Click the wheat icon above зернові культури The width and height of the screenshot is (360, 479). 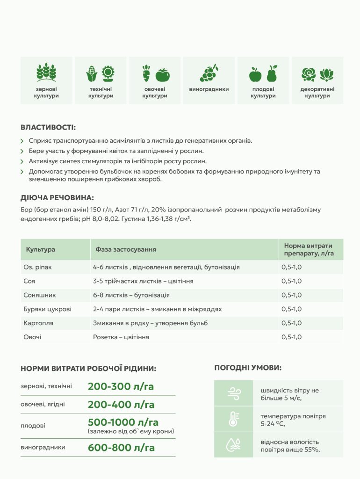46,73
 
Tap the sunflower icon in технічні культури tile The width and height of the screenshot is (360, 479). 108,73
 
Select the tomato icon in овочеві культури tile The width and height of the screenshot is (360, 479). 163,75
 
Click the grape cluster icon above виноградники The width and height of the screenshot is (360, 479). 209,73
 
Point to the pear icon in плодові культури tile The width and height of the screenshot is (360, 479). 272,73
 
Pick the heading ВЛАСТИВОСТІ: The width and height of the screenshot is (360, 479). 48,127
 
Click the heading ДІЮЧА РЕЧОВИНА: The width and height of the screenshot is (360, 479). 58,198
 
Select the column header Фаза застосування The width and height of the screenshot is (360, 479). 126,249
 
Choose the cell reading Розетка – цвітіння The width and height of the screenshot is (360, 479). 121,337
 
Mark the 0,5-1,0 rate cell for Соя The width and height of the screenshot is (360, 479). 291,281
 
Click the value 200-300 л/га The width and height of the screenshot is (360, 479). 121,387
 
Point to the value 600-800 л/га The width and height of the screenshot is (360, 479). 121,448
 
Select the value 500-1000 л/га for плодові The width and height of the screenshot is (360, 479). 123,422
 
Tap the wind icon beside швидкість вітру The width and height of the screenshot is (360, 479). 233,393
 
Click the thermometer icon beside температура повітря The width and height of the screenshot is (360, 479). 233,419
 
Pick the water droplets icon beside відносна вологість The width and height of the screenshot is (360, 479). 233,445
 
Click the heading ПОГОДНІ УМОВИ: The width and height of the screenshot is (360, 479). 248,368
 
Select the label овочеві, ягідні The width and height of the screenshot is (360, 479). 42,404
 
